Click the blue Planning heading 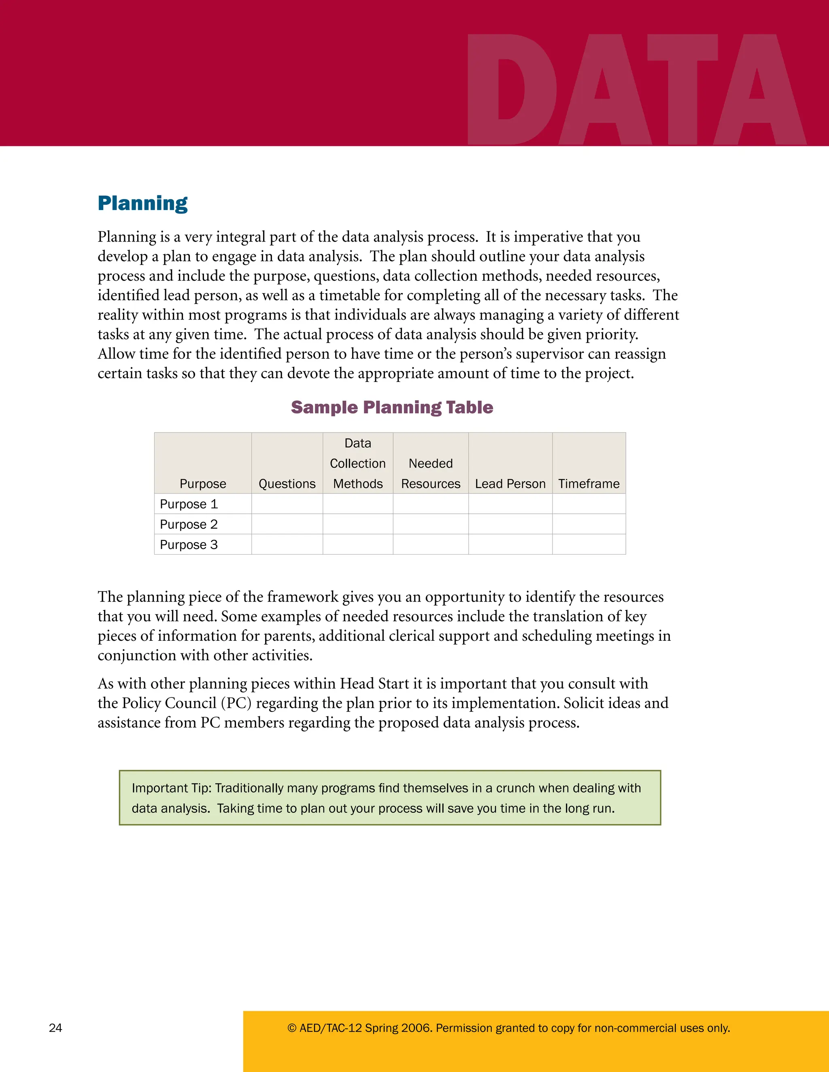142,203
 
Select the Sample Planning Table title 391,407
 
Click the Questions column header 287,484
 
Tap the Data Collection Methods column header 357,463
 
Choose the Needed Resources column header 430,474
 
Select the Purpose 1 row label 189,504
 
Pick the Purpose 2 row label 189,524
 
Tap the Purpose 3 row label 189,545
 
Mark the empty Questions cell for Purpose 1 287,504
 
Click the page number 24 55,1028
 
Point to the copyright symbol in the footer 292,1028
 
